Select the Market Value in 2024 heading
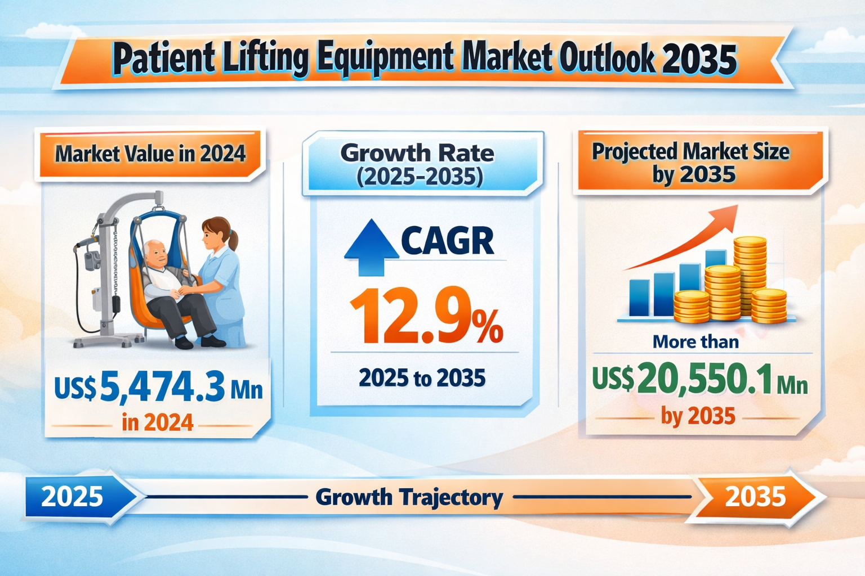point(150,153)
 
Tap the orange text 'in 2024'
point(158,422)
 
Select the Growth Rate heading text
point(418,153)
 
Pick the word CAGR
point(448,241)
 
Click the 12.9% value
point(426,316)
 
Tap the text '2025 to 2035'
point(422,378)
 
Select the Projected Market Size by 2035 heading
point(692,163)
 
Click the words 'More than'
point(695,341)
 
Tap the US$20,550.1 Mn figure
point(700,381)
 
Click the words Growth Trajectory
point(409,497)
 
